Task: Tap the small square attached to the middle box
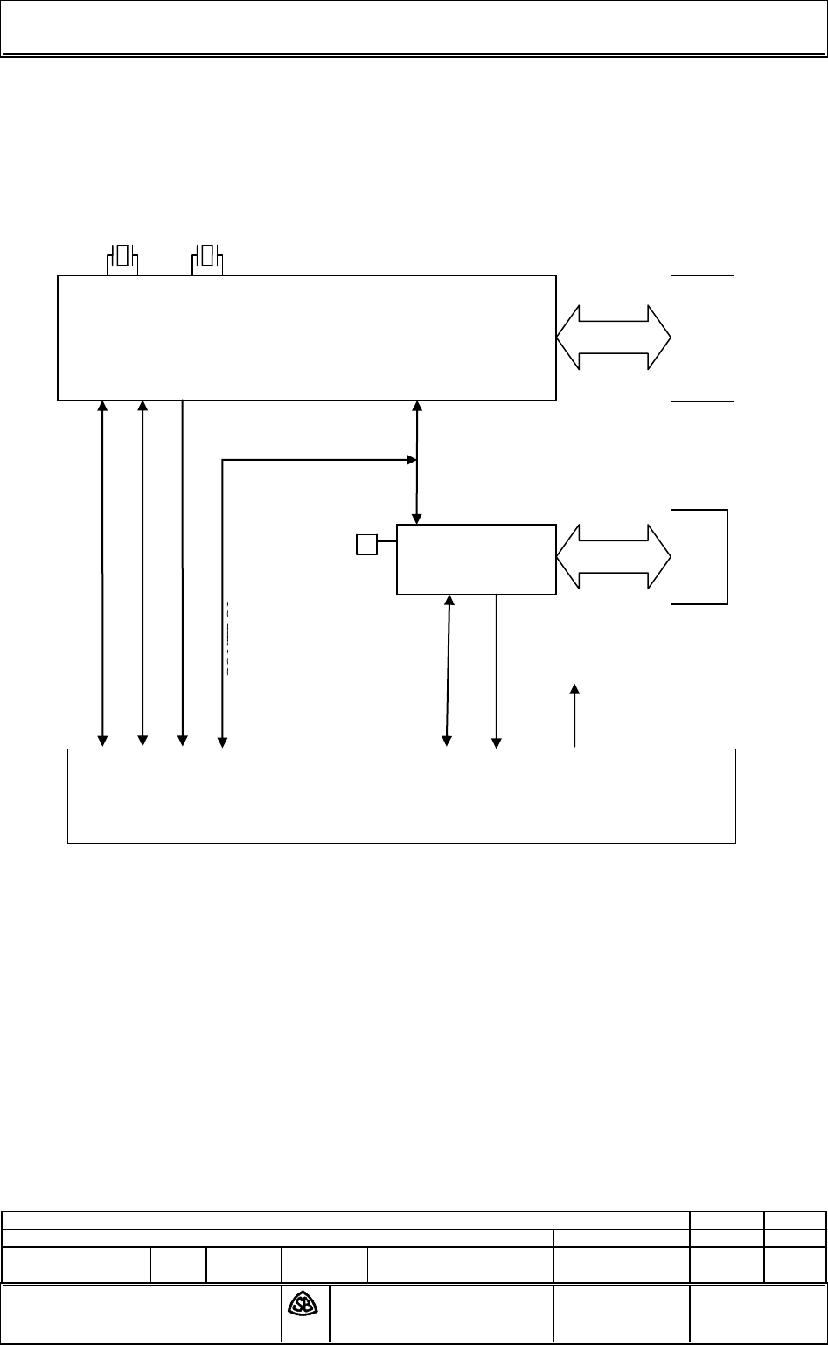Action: (x=366, y=545)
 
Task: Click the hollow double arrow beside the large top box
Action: (x=613, y=338)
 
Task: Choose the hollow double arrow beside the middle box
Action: (x=613, y=557)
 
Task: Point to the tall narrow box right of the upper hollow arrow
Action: (x=702, y=338)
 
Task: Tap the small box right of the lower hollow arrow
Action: (x=699, y=556)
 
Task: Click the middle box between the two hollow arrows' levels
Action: (x=476, y=560)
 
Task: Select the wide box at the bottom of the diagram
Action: (x=401, y=796)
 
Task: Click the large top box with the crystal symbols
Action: (x=306, y=338)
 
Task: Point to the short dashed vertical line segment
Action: (x=227, y=638)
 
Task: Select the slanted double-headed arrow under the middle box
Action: (x=448, y=671)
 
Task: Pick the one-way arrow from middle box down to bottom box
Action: (x=497, y=672)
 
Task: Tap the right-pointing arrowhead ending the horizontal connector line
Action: (x=410, y=459)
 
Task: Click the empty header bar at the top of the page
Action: (x=414, y=29)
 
